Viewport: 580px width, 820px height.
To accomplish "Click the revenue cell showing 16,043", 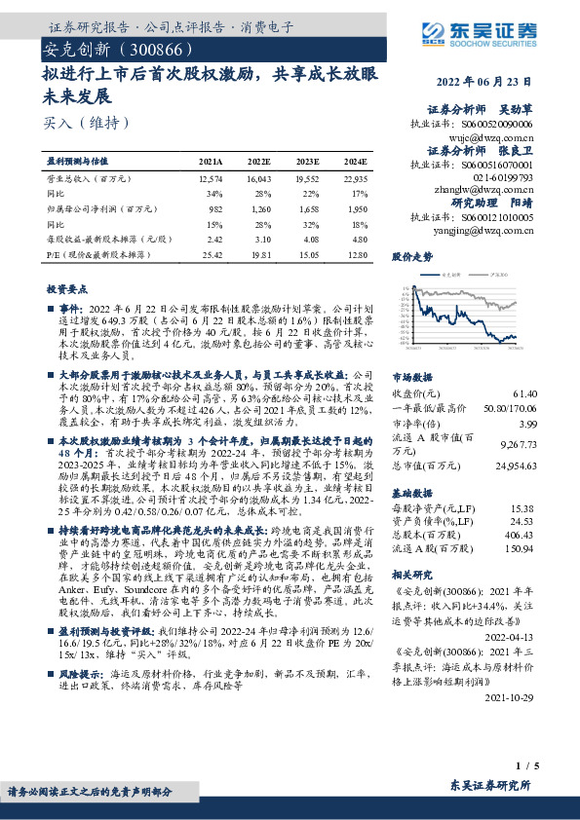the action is tap(258, 179).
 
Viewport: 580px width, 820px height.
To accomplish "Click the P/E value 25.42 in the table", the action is tap(211, 254).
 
